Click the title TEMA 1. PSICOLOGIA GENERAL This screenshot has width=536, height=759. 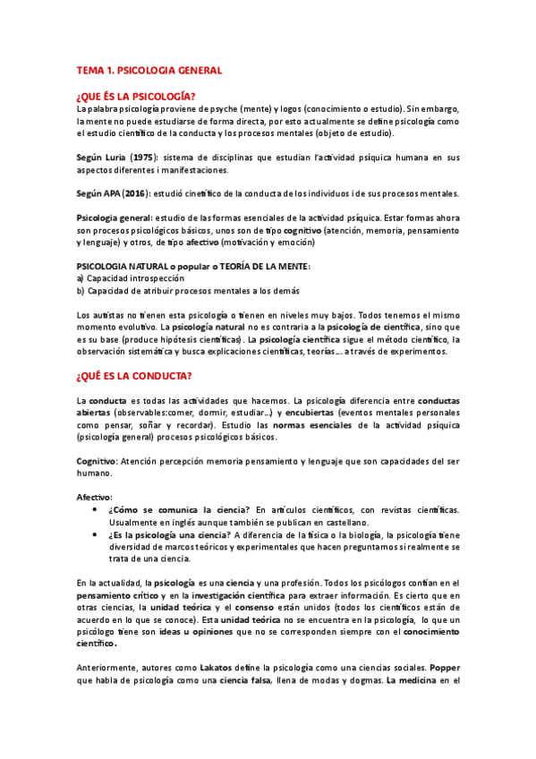click(x=149, y=69)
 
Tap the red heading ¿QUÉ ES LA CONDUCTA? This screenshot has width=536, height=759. click(x=140, y=375)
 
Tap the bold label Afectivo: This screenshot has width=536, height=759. click(x=95, y=496)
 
